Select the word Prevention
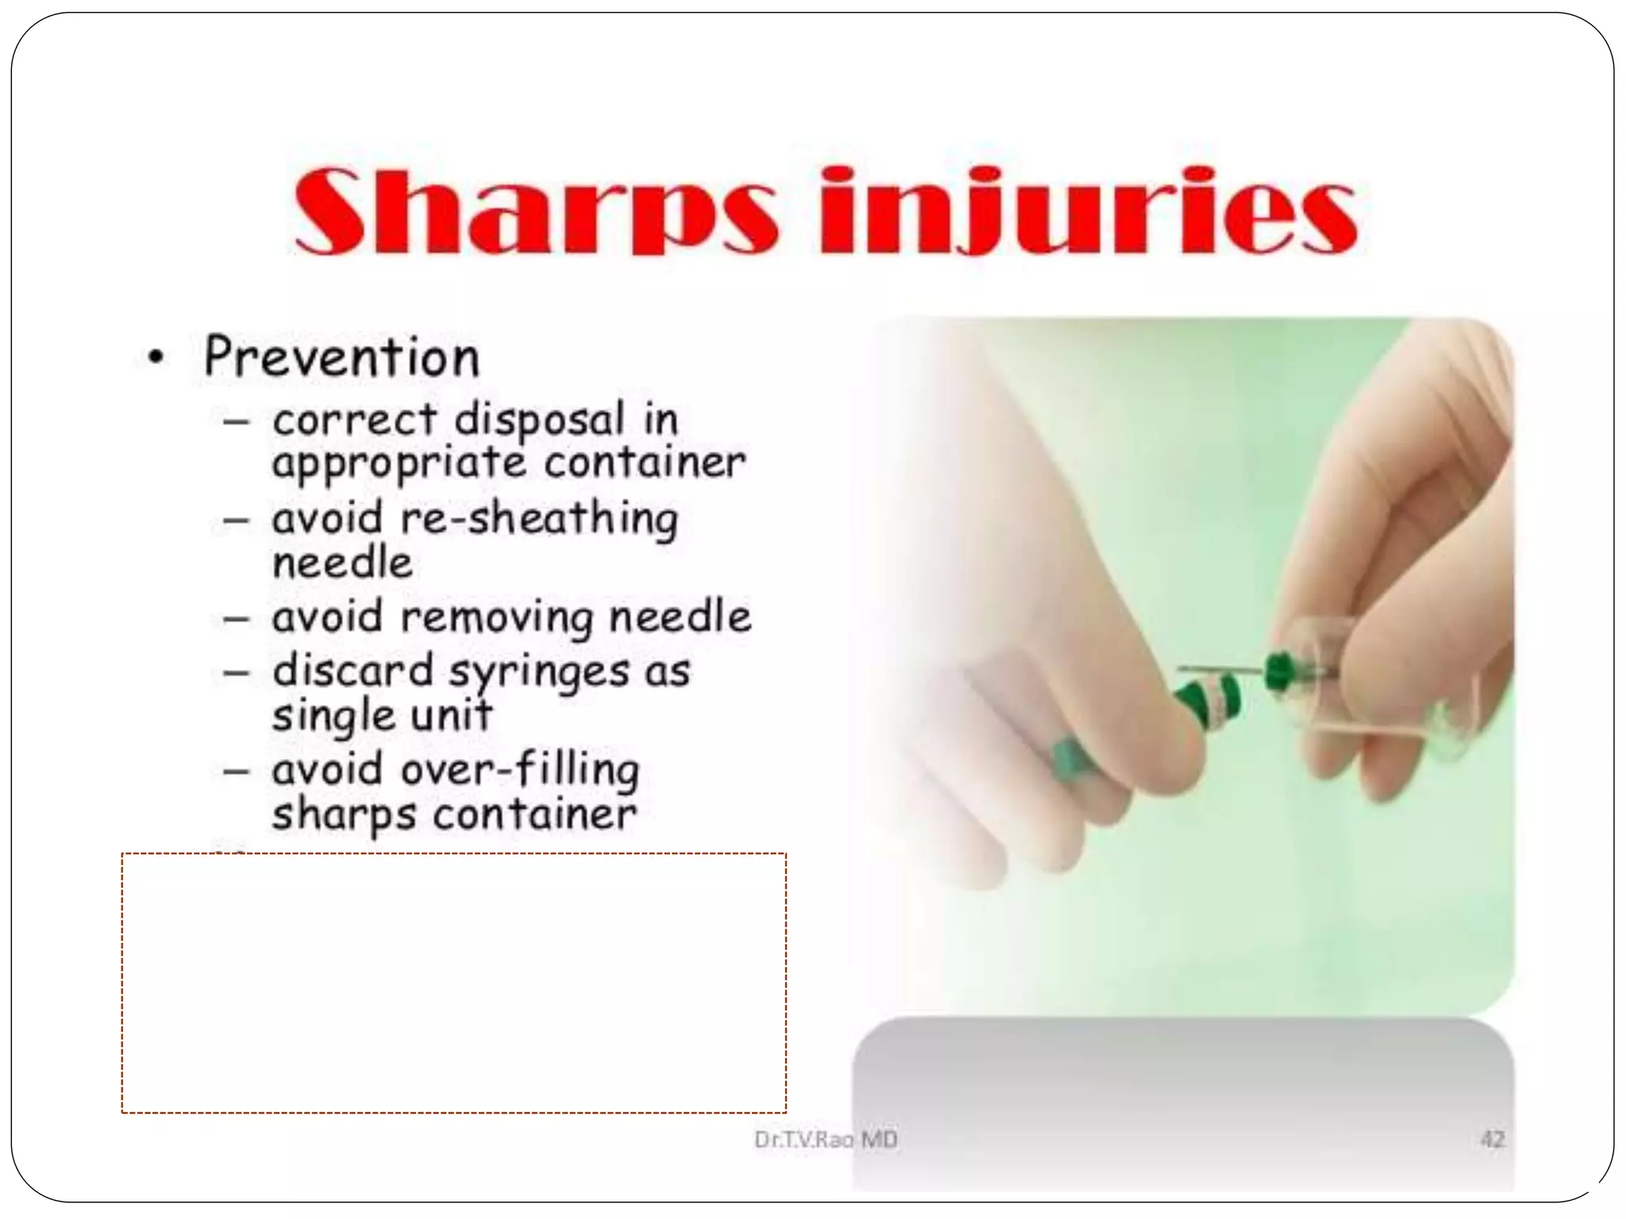(x=341, y=358)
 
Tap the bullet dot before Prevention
(x=156, y=358)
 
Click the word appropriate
(x=399, y=463)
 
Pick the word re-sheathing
(x=539, y=519)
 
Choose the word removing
(x=497, y=617)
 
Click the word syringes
(x=539, y=672)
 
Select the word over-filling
(x=520, y=770)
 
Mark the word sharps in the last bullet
(x=344, y=814)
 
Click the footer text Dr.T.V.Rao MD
(x=826, y=1140)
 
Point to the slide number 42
(x=1492, y=1140)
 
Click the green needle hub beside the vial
(x=1277, y=671)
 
